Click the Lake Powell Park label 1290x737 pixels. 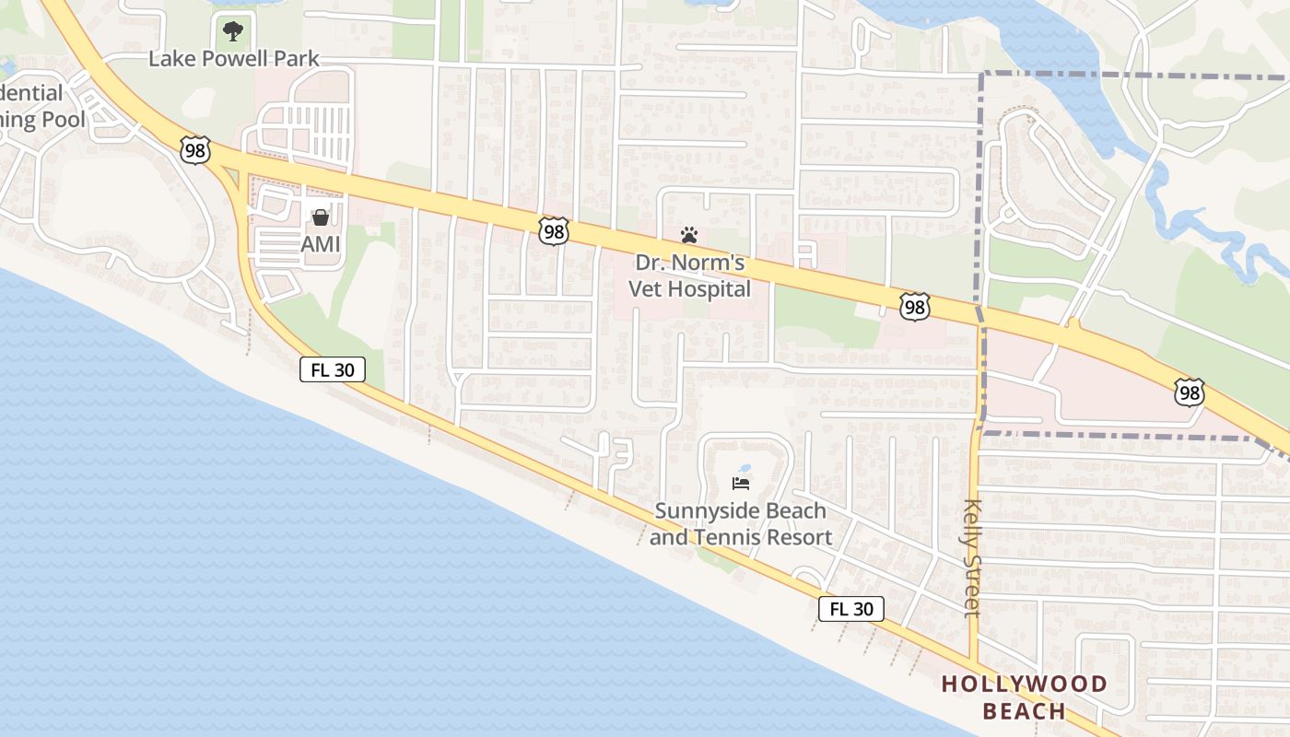(x=234, y=59)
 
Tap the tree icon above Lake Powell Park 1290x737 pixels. (x=233, y=31)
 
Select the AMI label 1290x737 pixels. (x=321, y=244)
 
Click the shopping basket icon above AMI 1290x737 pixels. (x=321, y=217)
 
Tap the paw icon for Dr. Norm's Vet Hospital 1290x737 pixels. (x=689, y=235)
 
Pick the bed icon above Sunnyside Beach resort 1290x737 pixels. (x=740, y=483)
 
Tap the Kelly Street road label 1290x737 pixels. (x=971, y=557)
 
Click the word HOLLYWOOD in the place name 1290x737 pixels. (x=1024, y=684)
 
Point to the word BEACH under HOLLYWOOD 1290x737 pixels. (x=1024, y=711)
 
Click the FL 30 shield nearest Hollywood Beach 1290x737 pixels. (x=851, y=609)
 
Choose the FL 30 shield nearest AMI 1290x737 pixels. (x=333, y=370)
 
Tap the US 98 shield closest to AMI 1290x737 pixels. (x=195, y=151)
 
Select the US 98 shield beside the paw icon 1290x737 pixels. (x=553, y=231)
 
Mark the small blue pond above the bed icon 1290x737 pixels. (x=745, y=468)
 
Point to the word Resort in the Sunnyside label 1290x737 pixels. (x=800, y=537)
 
